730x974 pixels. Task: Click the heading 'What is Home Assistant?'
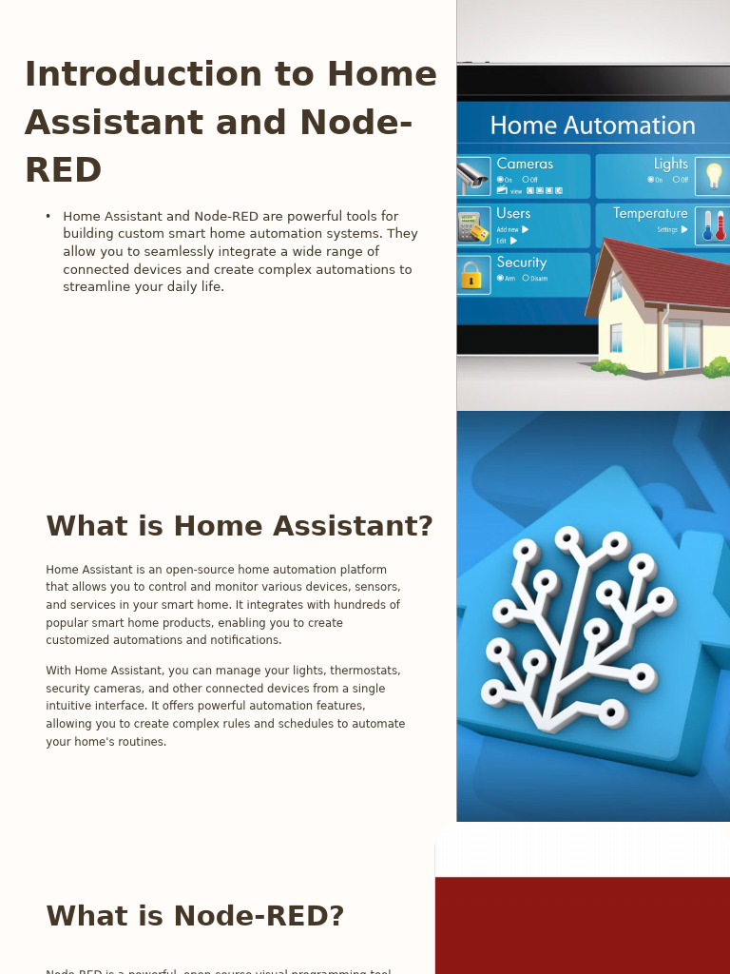tap(239, 526)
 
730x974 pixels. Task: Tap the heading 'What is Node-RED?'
tap(195, 916)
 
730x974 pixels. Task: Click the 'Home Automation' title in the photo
tap(592, 126)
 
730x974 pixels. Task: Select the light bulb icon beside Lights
tap(713, 176)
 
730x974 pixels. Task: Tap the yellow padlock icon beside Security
tap(471, 275)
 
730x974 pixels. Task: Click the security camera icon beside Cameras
tap(472, 176)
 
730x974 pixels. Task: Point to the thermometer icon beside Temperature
tap(713, 225)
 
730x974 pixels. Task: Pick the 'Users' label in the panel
tap(513, 213)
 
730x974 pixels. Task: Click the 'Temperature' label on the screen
tap(650, 213)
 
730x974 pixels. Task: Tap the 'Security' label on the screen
tap(521, 263)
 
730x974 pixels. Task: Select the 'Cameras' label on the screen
tap(525, 164)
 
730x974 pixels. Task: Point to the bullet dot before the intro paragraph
tap(48, 217)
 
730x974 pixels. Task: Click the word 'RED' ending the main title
tap(63, 171)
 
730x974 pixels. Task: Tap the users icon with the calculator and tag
tap(472, 226)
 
